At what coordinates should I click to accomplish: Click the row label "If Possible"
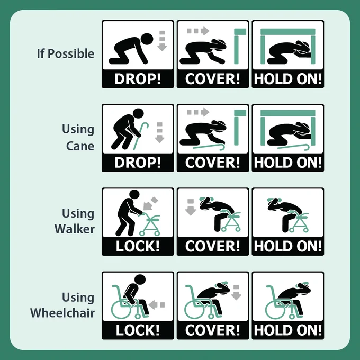[66, 53]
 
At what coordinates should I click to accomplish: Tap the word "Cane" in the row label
[80, 146]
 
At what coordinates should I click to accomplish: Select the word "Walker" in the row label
[75, 229]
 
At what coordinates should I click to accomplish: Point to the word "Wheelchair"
[62, 313]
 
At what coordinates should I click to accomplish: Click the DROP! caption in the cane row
[138, 163]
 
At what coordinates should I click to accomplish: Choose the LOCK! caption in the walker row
[138, 246]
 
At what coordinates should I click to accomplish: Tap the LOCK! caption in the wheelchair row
[138, 330]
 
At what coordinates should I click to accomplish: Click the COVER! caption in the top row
[213, 79]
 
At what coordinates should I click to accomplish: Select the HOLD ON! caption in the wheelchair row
[288, 330]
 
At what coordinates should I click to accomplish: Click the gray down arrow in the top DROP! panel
[162, 41]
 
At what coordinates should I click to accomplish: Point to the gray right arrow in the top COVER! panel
[198, 31]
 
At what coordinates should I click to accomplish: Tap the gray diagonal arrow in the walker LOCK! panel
[150, 204]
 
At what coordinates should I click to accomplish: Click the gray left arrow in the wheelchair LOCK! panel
[157, 305]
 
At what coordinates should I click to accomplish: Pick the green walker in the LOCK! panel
[150, 224]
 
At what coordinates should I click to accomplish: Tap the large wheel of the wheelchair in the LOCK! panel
[121, 309]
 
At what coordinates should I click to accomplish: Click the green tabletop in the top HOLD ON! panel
[288, 32]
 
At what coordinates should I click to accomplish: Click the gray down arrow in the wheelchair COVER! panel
[236, 292]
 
